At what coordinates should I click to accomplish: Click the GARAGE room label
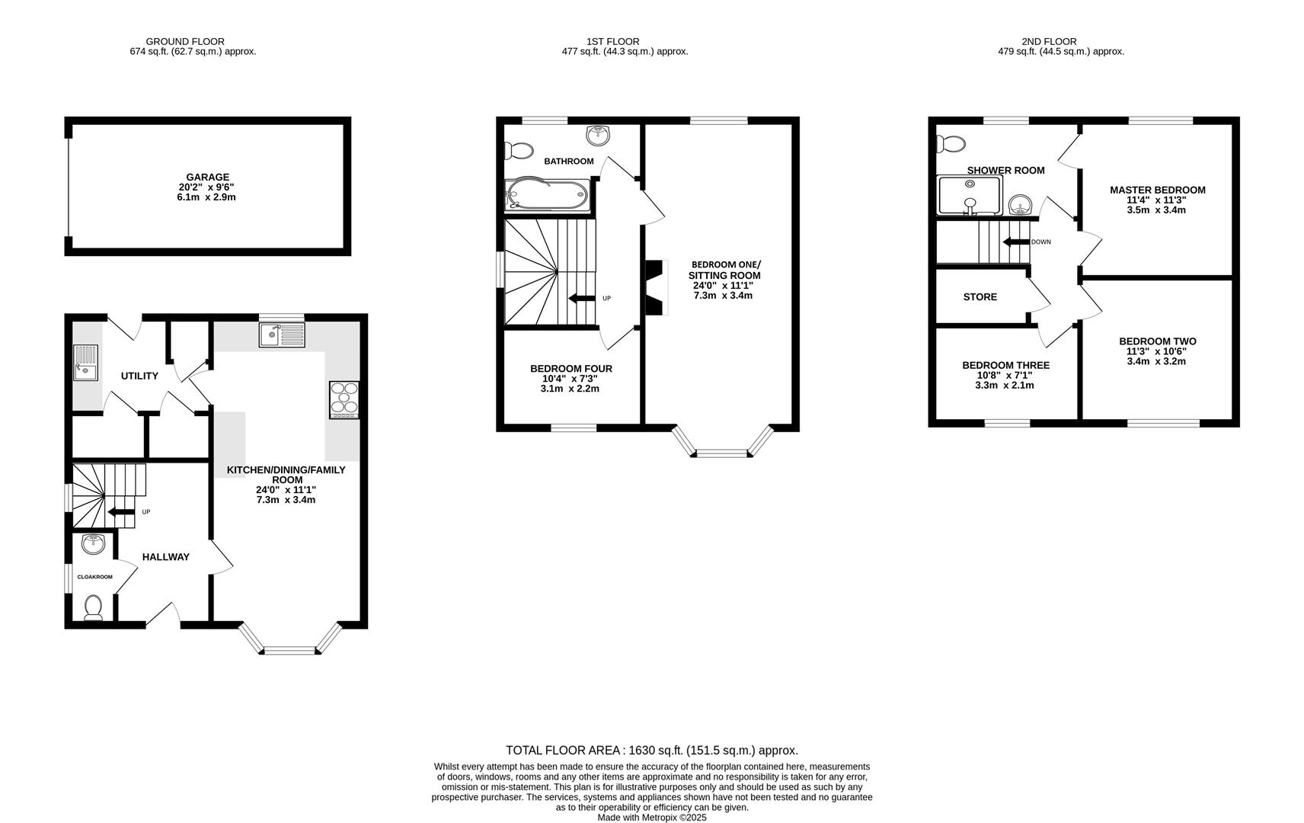coord(207,177)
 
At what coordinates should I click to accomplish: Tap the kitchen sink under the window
coord(281,335)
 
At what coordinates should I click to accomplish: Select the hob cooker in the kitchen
coord(344,399)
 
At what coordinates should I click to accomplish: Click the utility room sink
coord(85,362)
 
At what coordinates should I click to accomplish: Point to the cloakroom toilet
coord(93,607)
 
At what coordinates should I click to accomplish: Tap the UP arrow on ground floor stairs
coord(121,512)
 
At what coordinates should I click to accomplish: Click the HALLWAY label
coord(165,557)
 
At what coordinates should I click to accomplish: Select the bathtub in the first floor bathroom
coord(547,195)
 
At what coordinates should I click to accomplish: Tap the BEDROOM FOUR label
coord(570,369)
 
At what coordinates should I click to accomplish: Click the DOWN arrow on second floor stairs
coord(1016,242)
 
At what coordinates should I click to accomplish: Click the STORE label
coord(980,297)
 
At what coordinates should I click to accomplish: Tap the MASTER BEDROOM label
coord(1157,191)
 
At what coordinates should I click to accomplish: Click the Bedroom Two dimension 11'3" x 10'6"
coord(1157,351)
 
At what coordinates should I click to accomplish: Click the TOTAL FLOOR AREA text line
coord(651,751)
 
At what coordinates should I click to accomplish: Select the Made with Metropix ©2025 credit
coord(651,818)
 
